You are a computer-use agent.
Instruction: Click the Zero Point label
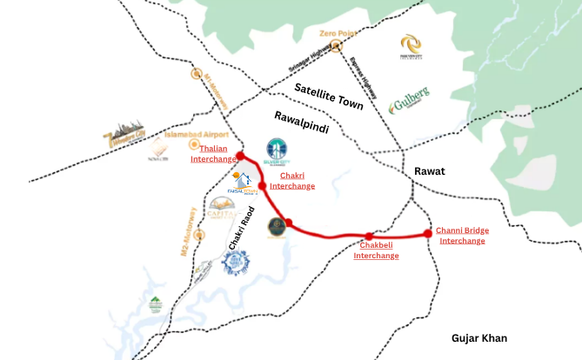coord(339,34)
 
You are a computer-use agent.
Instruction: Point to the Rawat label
coord(429,171)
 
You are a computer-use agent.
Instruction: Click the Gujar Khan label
coord(479,338)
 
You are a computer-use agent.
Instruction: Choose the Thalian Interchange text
coord(213,154)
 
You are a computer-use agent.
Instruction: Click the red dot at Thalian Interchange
coord(240,157)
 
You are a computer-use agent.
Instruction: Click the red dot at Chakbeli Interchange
coord(369,237)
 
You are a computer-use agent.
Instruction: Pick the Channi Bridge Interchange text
coord(462,236)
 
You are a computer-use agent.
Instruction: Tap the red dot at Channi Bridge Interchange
coord(427,233)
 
